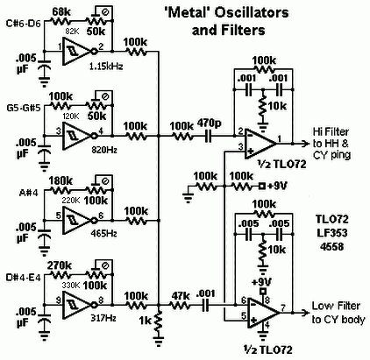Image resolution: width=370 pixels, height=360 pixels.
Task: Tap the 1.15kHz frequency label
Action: coord(106,67)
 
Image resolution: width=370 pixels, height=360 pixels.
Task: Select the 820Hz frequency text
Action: coord(104,151)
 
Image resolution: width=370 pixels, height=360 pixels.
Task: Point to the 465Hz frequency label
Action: coord(103,234)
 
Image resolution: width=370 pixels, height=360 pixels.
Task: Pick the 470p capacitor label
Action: coord(210,124)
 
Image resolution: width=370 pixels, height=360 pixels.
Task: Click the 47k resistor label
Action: coord(180,296)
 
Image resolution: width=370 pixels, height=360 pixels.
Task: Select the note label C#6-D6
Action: coord(24,24)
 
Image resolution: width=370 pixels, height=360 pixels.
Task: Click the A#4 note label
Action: coord(28,193)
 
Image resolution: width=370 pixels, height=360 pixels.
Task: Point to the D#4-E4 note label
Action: coord(24,278)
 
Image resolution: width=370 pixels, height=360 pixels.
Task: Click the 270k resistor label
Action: coord(60,266)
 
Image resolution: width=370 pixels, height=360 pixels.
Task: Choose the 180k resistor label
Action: coord(60,181)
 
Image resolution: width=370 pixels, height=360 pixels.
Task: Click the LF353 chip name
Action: coord(332,233)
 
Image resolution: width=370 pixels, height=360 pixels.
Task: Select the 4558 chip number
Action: coord(332,247)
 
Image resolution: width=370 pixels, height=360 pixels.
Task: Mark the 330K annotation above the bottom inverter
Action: coord(71,286)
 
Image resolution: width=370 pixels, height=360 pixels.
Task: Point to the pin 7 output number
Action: coord(283,307)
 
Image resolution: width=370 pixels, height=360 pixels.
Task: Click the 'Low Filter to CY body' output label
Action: coord(338,313)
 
